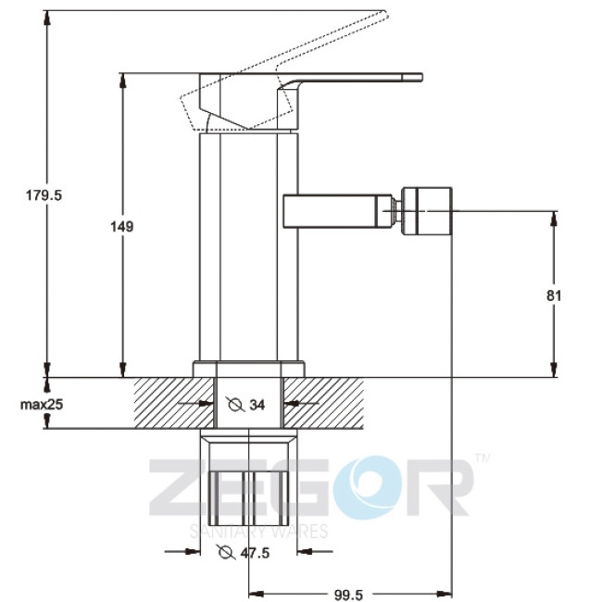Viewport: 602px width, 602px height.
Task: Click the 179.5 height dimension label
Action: coord(44,195)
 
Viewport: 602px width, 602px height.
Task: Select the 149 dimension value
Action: coord(122,227)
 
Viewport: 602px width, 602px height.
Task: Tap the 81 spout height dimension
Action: coord(554,295)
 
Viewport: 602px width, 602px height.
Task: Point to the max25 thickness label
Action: coord(42,405)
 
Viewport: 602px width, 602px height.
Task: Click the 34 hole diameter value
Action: coord(257,405)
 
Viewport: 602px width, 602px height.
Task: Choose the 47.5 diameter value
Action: coord(255,553)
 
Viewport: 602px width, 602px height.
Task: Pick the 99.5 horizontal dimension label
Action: coord(348,595)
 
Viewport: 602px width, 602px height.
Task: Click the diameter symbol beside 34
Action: coord(235,405)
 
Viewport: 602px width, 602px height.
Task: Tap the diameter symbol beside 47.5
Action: coord(226,552)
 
